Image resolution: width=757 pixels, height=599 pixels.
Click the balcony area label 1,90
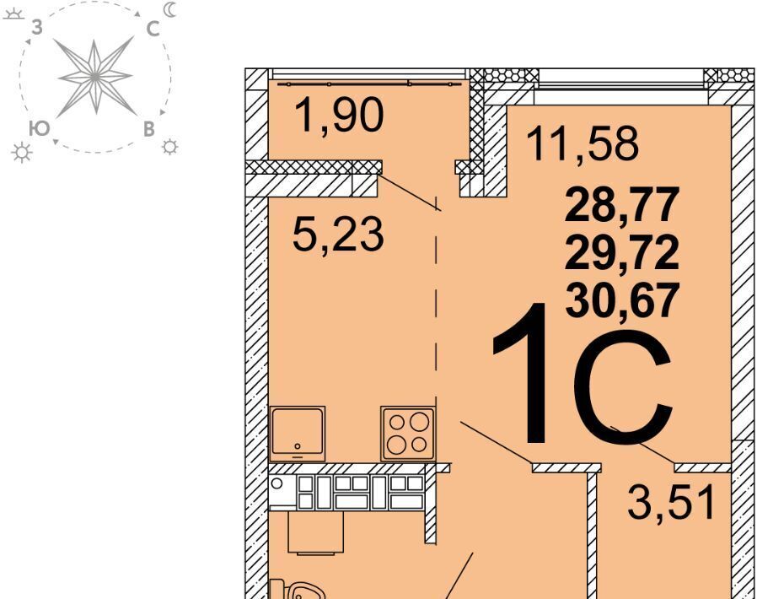(341, 115)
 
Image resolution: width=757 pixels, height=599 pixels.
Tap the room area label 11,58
(583, 143)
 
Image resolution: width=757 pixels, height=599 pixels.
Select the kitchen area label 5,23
(338, 235)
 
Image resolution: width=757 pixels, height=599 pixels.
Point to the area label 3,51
(671, 502)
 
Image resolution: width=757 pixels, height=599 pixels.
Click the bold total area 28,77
(622, 205)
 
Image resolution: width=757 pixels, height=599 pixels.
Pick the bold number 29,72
(622, 253)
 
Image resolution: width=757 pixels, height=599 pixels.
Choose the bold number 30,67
(622, 300)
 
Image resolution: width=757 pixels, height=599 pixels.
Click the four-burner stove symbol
(407, 434)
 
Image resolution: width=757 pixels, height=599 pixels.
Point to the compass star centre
(95, 77)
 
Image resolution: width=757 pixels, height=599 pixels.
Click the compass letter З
(37, 28)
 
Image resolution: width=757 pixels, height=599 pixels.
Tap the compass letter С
(153, 29)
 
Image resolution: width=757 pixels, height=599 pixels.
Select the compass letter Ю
(39, 128)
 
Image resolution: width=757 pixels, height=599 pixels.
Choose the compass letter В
(149, 129)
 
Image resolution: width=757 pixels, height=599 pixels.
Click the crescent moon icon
(170, 9)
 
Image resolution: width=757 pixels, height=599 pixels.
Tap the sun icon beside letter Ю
(21, 152)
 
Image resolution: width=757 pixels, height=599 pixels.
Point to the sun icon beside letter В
(170, 146)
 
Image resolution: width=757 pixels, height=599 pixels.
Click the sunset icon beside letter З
(13, 13)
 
